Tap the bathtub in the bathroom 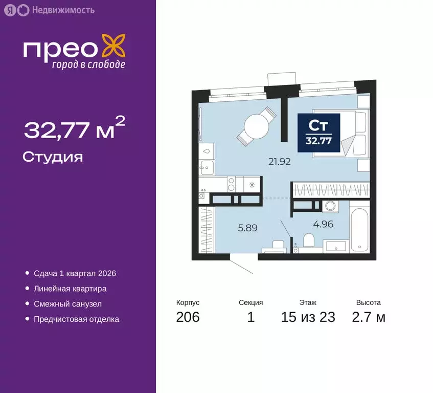(x=359, y=229)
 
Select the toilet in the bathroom (x=309, y=241)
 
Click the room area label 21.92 (x=279, y=162)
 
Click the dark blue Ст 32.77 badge (x=318, y=132)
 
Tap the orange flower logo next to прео (x=113, y=47)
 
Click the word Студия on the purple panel (x=53, y=157)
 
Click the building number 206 (x=188, y=317)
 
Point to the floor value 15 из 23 (x=308, y=317)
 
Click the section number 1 (x=250, y=317)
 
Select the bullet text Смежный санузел (x=68, y=304)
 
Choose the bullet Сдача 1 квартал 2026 (x=75, y=273)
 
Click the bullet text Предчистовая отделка (x=76, y=319)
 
